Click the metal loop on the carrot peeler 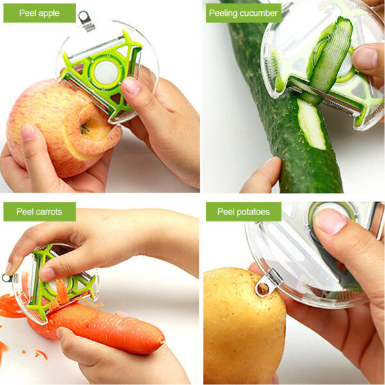pos(7,278)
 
